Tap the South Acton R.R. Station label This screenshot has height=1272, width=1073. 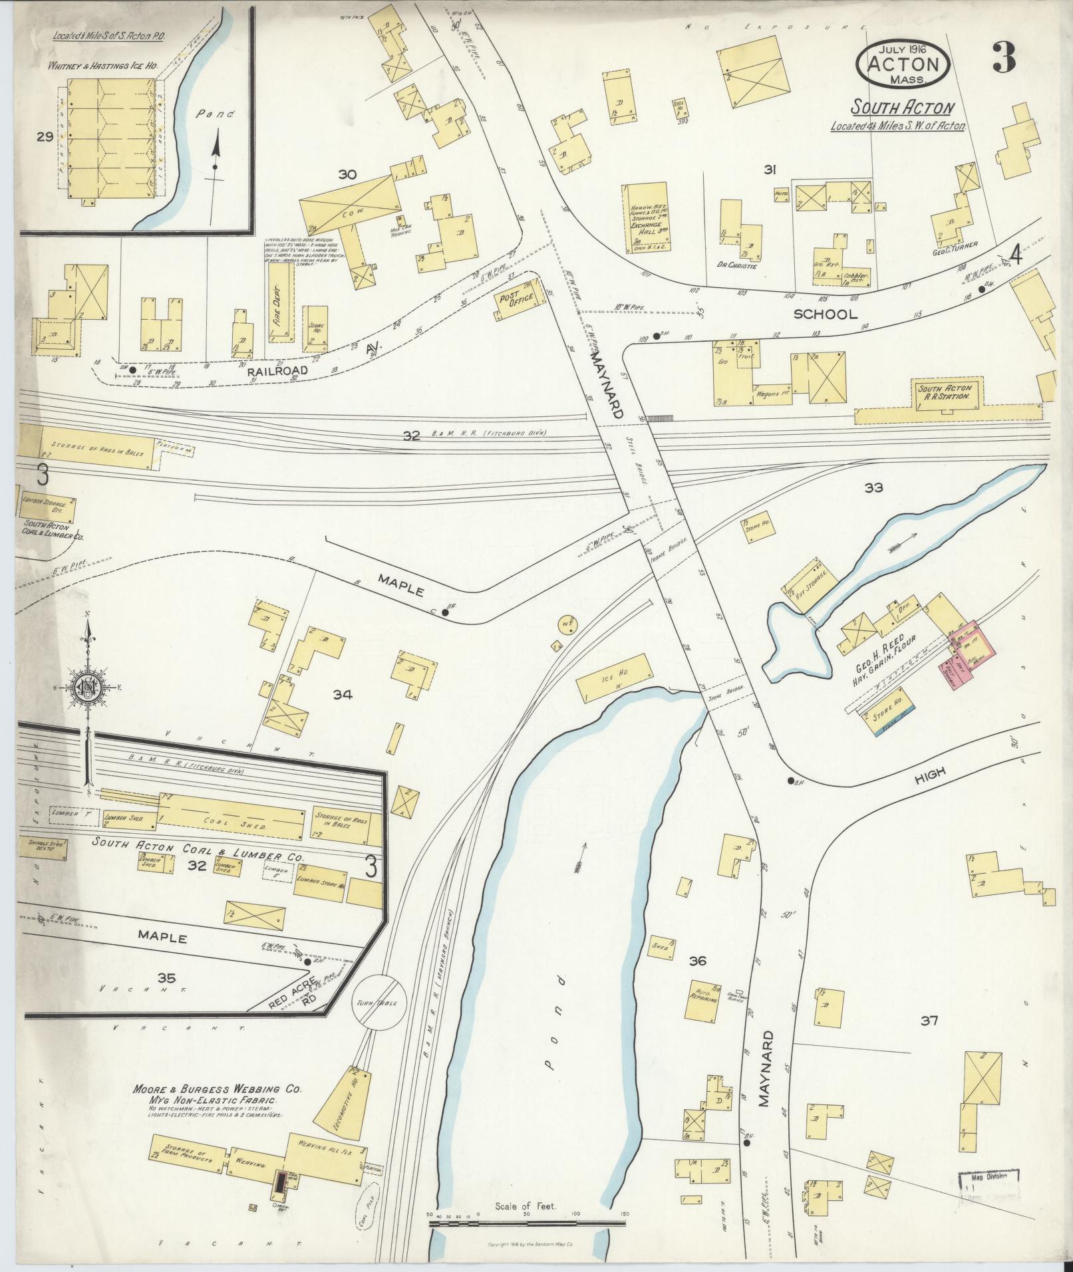(945, 392)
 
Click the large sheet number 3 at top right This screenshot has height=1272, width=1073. (1003, 59)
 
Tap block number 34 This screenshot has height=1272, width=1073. (343, 695)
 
